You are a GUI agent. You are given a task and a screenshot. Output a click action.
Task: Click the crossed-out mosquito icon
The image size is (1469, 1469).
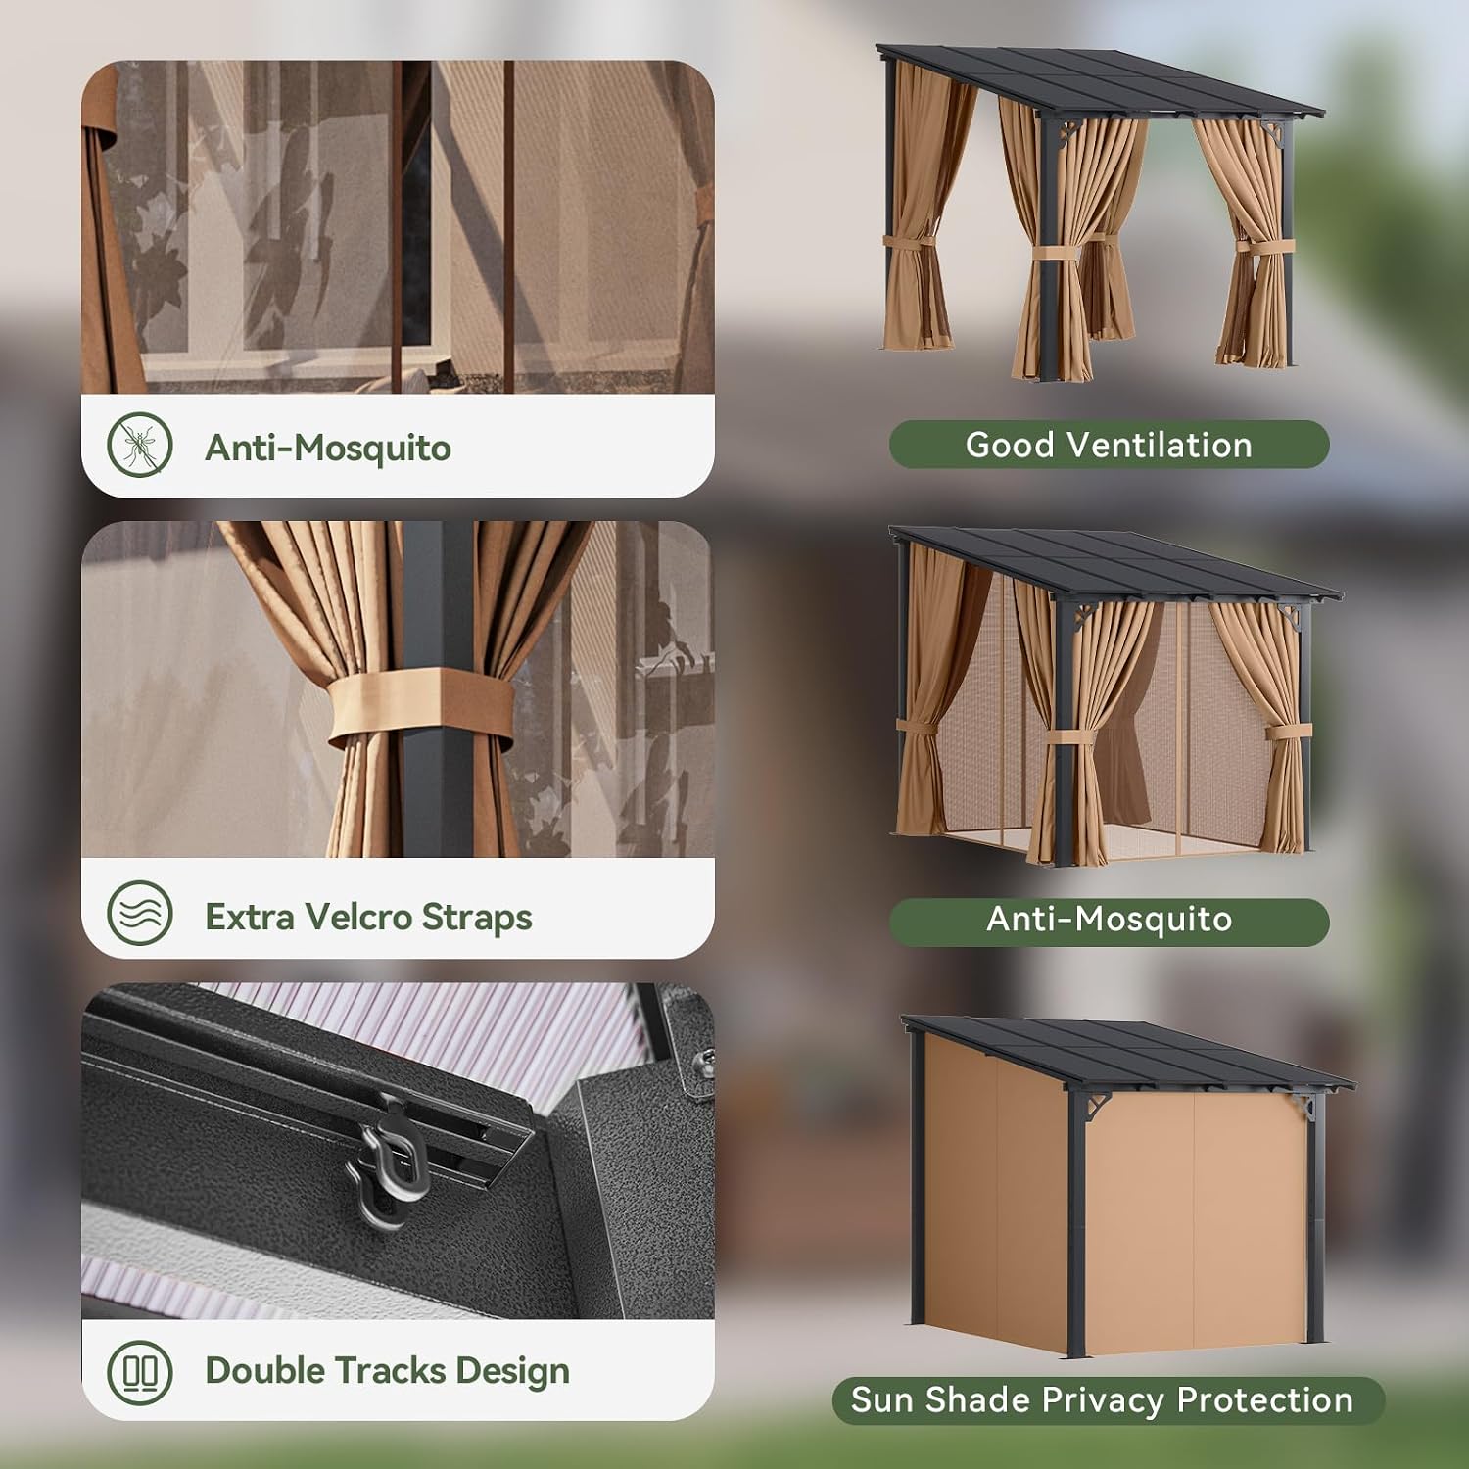coord(140,445)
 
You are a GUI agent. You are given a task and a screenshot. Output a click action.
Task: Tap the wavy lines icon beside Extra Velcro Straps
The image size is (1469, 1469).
coord(140,913)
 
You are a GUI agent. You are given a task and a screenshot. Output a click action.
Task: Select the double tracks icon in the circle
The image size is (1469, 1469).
coord(140,1372)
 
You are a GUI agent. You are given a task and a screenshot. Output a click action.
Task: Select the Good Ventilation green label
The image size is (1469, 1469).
coord(1109,445)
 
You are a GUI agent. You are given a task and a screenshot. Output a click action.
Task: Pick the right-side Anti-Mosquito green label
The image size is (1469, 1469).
coord(1109,922)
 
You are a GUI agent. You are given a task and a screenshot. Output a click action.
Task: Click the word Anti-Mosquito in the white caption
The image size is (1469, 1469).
coord(328,448)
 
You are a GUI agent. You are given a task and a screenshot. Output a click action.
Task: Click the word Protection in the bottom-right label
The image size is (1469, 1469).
coord(1264,1399)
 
